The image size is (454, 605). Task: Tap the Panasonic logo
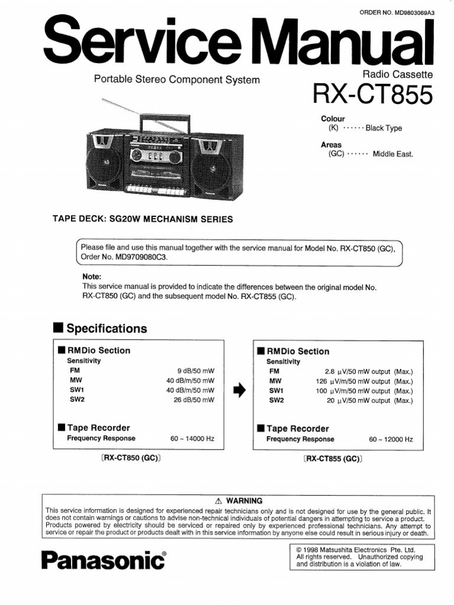(x=103, y=560)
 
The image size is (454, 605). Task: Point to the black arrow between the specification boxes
(x=239, y=390)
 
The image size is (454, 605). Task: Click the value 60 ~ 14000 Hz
(x=192, y=438)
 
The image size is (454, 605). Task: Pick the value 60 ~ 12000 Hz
(x=391, y=440)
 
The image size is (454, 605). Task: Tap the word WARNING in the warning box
(x=244, y=500)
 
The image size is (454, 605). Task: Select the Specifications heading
(x=106, y=328)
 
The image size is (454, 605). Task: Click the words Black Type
(x=384, y=128)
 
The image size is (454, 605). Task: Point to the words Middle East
(x=393, y=154)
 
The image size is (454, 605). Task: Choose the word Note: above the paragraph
(x=92, y=277)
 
